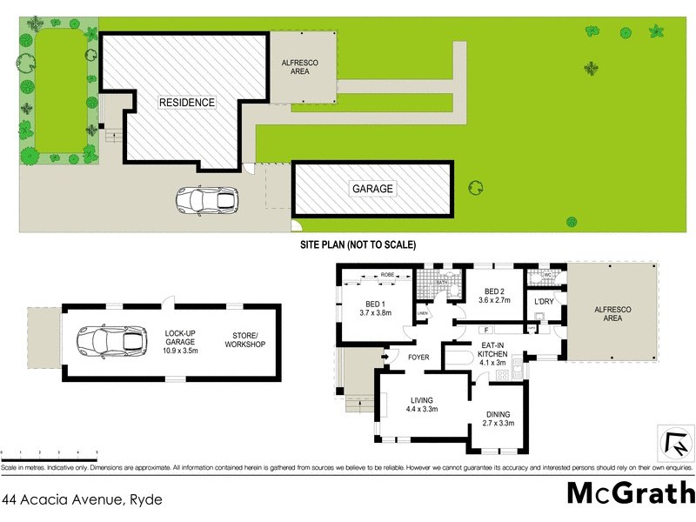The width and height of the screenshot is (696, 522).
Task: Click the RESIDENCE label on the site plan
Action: tap(186, 103)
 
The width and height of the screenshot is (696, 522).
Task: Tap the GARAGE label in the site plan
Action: tap(372, 189)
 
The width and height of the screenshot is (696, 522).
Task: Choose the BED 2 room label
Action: tap(493, 297)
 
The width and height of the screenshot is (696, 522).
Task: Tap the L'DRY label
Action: tap(544, 302)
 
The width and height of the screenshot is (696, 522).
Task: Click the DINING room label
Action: tap(499, 419)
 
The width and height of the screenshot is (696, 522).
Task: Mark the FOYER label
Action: tap(419, 357)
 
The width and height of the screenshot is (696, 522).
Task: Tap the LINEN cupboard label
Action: tap(423, 313)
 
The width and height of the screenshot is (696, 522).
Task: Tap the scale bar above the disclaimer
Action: tap(49, 453)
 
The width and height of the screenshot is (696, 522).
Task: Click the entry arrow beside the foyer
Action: tap(385, 357)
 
